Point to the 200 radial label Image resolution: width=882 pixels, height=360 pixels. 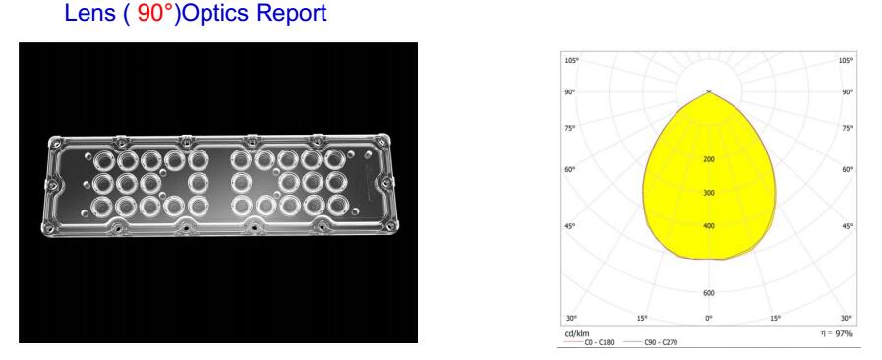[709, 159]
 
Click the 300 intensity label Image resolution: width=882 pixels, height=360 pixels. [709, 193]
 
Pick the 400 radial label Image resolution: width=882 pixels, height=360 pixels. [709, 226]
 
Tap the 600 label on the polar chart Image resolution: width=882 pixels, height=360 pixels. [709, 293]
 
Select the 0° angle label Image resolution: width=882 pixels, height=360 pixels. [709, 319]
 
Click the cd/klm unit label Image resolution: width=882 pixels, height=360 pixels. [577, 333]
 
